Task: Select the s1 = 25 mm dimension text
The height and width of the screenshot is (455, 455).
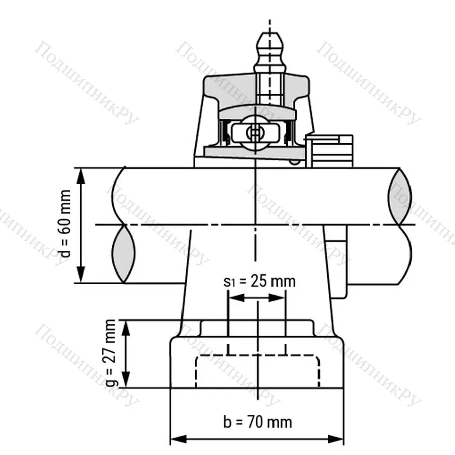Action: (259, 281)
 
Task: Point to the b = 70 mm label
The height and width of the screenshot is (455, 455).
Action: (257, 421)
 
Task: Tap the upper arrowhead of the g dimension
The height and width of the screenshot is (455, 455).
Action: (127, 326)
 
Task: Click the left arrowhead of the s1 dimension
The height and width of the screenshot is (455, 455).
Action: (234, 298)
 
